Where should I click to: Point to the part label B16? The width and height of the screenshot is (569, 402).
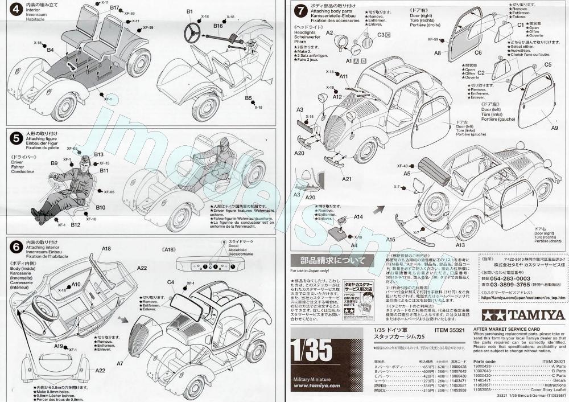218,26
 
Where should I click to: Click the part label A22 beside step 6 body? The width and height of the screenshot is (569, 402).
142,268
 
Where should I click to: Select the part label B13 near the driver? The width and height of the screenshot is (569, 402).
99,154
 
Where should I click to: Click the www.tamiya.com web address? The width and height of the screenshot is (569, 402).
317,385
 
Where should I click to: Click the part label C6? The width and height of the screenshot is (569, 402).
478,52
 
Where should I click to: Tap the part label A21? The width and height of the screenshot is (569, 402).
347,179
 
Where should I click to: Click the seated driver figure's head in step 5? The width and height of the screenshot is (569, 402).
86,162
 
